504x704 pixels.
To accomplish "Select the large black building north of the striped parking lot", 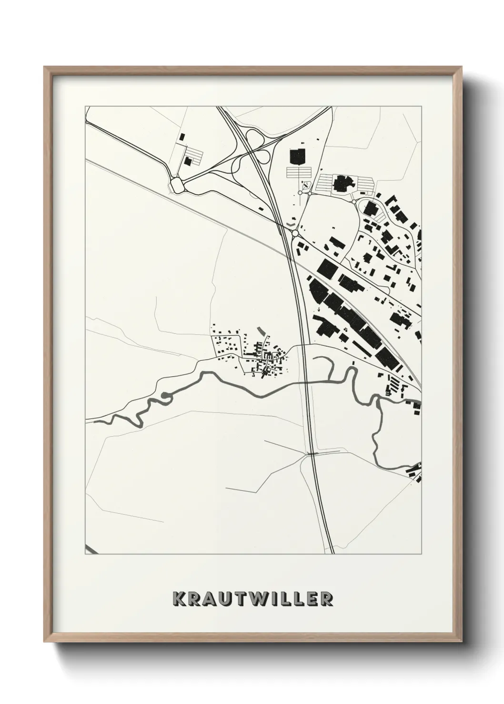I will click(x=296, y=156).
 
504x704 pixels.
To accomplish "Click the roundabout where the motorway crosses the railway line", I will click(x=295, y=234).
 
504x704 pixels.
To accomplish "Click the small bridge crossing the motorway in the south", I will click(x=312, y=454).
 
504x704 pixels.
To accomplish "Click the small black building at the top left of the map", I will click(x=181, y=137).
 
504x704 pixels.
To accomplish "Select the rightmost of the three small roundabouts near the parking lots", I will click(x=354, y=202).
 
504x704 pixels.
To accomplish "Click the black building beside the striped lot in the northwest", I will click(x=188, y=161).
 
